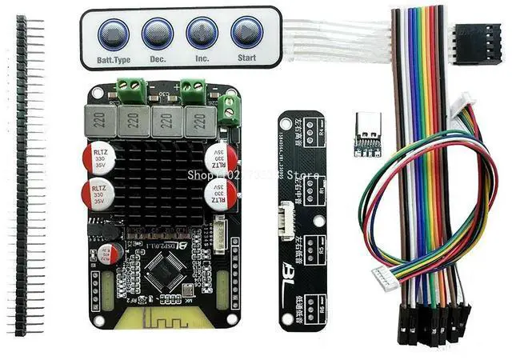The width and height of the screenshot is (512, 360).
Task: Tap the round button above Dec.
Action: pyautogui.click(x=158, y=34)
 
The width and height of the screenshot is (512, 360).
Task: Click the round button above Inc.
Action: pyautogui.click(x=202, y=34)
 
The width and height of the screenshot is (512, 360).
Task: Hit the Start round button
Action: pyautogui.click(x=246, y=34)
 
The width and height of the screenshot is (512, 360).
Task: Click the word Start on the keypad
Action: pyautogui.click(x=246, y=58)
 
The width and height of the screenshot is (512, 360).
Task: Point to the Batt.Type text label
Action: pyautogui.click(x=112, y=59)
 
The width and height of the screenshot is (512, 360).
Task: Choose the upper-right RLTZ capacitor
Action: pyautogui.click(x=218, y=158)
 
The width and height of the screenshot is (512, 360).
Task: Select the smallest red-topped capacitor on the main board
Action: pyautogui.click(x=117, y=254)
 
